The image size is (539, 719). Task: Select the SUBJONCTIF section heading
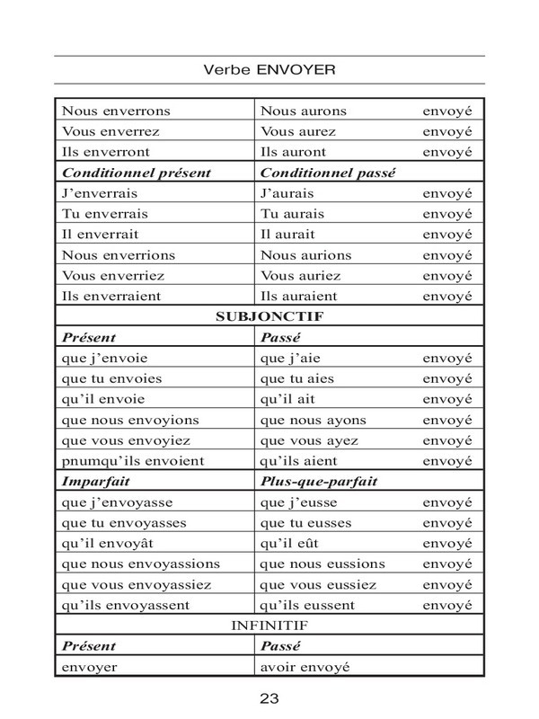[x=269, y=316]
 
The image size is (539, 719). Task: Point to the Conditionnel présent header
[x=122, y=172]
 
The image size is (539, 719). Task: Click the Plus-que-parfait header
[x=318, y=481]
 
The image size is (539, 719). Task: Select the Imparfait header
[x=92, y=481]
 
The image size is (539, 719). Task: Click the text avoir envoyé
[x=304, y=667]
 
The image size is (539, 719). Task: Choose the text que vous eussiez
[x=316, y=584]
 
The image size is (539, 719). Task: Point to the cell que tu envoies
[x=109, y=378]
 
